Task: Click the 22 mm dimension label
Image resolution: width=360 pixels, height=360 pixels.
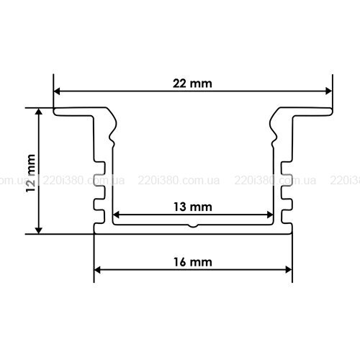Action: (x=192, y=84)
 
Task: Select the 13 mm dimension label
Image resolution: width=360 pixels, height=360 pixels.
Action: (x=193, y=207)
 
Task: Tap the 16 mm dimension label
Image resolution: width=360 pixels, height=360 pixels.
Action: (x=193, y=262)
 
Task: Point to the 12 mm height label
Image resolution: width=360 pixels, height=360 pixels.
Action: (x=31, y=174)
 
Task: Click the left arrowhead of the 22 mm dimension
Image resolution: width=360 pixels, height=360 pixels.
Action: (x=57, y=91)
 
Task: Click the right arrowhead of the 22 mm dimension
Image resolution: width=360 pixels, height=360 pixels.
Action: (x=329, y=91)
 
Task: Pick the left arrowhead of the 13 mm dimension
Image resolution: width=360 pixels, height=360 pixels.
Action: (x=116, y=215)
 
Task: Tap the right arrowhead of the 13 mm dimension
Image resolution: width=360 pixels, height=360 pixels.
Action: (x=270, y=215)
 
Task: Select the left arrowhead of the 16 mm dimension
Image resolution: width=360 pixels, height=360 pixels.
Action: (x=97, y=270)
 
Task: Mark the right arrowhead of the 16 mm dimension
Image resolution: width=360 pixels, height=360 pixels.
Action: (x=289, y=270)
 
